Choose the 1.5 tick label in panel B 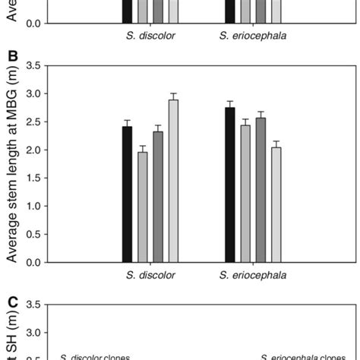pos(31,178)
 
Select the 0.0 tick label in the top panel pos(31,24)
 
